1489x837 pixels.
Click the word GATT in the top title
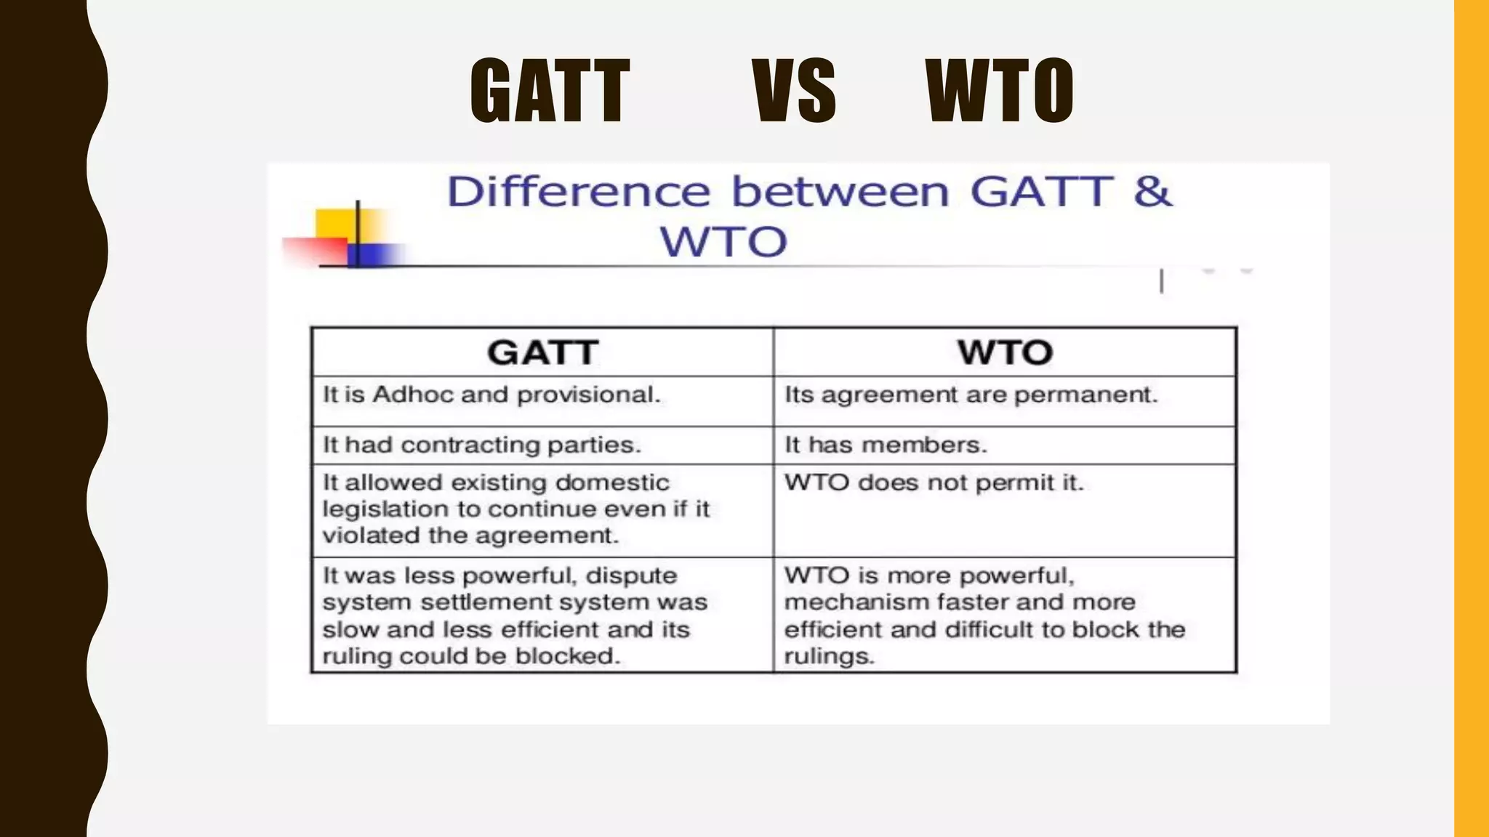(550, 92)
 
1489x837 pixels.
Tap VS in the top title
(794, 92)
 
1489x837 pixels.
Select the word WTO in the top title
(1000, 92)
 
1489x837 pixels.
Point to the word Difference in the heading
(578, 192)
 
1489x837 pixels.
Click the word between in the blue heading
(840, 192)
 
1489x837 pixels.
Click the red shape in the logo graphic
(313, 251)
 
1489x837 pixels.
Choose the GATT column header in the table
(542, 353)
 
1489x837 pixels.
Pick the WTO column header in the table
(1005, 353)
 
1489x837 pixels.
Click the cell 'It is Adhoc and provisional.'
(491, 395)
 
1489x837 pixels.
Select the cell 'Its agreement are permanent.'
(970, 395)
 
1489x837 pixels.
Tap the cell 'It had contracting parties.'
(481, 445)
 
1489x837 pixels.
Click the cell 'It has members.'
(886, 445)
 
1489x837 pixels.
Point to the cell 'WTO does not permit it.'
(934, 483)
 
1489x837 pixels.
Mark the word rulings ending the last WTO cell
(828, 657)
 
